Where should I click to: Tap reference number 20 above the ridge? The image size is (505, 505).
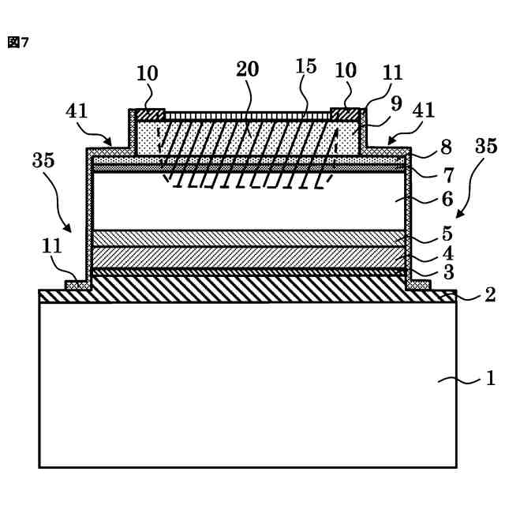click(x=247, y=69)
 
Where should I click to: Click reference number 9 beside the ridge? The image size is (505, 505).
click(x=396, y=103)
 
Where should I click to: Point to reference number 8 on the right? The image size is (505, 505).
click(x=447, y=146)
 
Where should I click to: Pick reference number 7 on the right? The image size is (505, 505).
click(x=447, y=172)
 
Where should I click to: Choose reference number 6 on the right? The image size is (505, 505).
click(x=447, y=199)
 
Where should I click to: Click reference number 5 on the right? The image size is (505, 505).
click(x=447, y=234)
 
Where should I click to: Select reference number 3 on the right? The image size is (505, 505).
click(x=447, y=273)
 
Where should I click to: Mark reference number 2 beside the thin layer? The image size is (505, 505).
click(x=489, y=295)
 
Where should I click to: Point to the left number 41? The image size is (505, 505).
click(x=77, y=111)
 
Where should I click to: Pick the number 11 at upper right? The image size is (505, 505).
click(x=392, y=73)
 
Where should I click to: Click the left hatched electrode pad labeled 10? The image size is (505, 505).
click(x=150, y=114)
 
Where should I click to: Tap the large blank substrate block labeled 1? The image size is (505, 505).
click(x=247, y=384)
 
